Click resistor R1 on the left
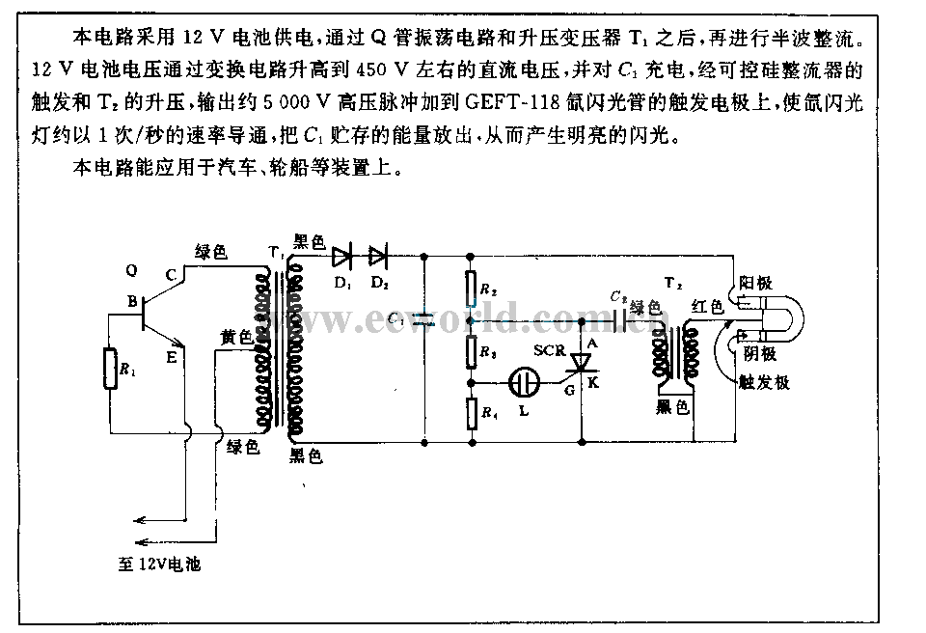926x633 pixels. click(x=108, y=366)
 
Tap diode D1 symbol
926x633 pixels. click(x=340, y=256)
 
